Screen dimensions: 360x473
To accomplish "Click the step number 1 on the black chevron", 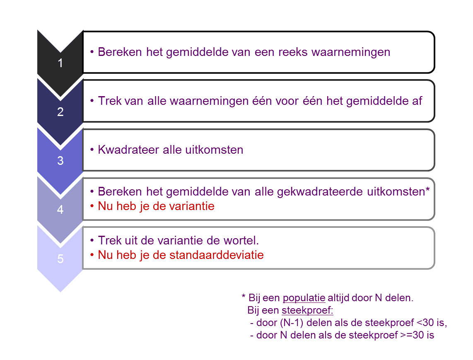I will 60,64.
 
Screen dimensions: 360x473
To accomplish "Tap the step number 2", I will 60,112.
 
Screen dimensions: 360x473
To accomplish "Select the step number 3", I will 60,161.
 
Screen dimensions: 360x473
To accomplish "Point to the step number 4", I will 60,210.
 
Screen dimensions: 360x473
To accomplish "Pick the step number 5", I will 60,259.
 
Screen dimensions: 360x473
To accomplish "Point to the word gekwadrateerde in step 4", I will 321,192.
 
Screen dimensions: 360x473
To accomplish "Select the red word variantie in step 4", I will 193,206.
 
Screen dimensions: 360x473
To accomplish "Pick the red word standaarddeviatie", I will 217,255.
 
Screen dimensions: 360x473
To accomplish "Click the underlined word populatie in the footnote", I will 304,298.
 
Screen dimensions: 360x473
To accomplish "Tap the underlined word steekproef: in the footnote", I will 307,310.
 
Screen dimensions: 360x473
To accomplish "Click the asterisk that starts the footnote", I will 244,297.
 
